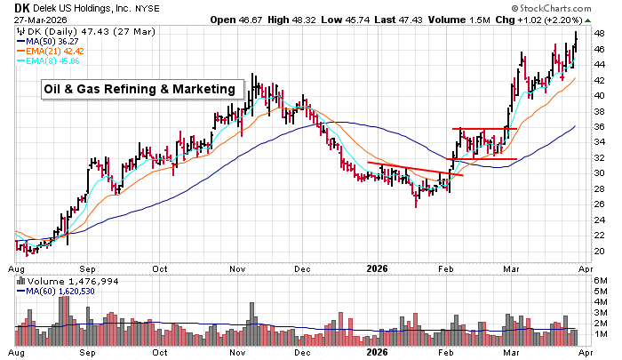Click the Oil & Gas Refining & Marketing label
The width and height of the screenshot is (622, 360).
[x=142, y=89]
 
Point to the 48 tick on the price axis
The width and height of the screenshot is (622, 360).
[x=599, y=34]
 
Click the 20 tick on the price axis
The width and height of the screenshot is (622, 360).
[x=599, y=251]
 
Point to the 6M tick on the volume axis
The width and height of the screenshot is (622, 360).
[x=601, y=282]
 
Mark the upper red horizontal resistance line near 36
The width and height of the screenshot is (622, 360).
[x=485, y=129]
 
